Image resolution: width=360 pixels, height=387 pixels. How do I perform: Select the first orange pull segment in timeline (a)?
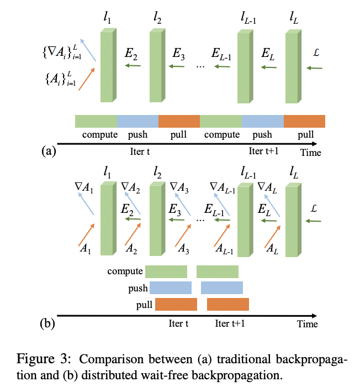click(x=179, y=121)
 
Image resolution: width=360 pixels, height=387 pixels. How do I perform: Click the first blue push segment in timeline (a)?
click(x=137, y=121)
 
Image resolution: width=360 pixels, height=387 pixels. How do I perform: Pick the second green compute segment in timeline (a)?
click(x=220, y=121)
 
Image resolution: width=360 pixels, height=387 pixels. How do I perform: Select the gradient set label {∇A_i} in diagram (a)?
click(x=58, y=52)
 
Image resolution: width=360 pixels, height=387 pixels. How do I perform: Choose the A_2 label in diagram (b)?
click(x=131, y=249)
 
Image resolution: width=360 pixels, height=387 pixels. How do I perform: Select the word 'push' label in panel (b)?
click(x=138, y=288)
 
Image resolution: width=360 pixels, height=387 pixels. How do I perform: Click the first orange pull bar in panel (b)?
click(x=176, y=305)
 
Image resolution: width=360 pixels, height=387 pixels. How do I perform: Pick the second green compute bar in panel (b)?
click(x=218, y=271)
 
